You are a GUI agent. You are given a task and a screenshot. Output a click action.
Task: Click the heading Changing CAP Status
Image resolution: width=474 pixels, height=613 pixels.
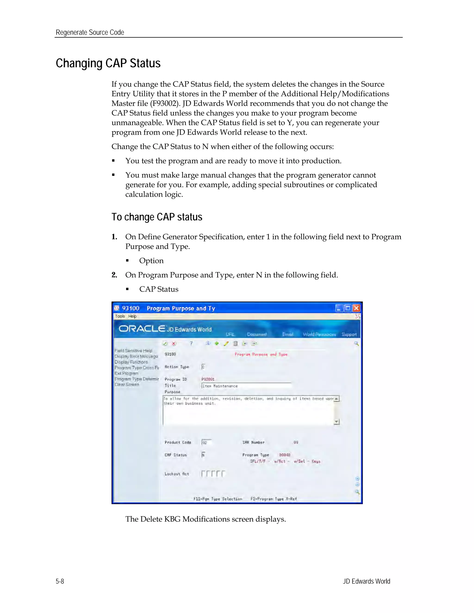pos(108,63)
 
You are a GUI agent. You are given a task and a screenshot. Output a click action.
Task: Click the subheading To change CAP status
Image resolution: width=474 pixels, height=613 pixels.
pos(157,217)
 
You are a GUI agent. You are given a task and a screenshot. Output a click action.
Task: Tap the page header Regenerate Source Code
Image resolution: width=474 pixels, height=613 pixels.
pos(90,33)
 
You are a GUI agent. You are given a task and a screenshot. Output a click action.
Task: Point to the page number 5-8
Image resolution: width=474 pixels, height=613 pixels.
pos(60,581)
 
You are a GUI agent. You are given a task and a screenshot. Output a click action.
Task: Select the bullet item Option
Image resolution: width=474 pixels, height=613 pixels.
pos(151,261)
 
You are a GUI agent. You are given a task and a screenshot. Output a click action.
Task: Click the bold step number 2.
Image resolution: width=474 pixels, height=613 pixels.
pos(114,275)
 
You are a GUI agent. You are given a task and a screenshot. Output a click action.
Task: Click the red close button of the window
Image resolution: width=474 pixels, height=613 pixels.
pos(356,308)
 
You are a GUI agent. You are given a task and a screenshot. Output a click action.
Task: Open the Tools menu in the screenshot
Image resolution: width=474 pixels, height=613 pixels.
pos(120,316)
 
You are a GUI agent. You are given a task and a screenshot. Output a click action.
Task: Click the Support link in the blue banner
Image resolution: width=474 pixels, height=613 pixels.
pos(349,334)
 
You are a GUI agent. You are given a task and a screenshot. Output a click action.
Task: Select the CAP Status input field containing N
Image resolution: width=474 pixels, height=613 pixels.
pos(203,455)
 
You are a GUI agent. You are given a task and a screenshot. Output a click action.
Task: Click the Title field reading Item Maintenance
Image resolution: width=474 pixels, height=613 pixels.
pos(246,386)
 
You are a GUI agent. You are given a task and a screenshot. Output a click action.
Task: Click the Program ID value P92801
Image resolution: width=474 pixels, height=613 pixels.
pos(208,379)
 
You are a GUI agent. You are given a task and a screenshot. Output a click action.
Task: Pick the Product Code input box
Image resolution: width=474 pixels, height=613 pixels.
pos(206,442)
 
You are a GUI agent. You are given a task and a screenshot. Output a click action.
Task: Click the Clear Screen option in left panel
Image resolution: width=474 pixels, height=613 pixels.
pos(127,384)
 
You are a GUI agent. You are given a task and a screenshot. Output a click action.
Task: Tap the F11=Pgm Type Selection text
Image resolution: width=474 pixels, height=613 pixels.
pos(218,499)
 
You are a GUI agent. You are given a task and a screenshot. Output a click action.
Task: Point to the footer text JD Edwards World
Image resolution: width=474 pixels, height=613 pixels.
pos(366,581)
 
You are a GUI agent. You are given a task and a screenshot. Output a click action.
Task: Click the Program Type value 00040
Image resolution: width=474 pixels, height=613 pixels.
pos(285,455)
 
